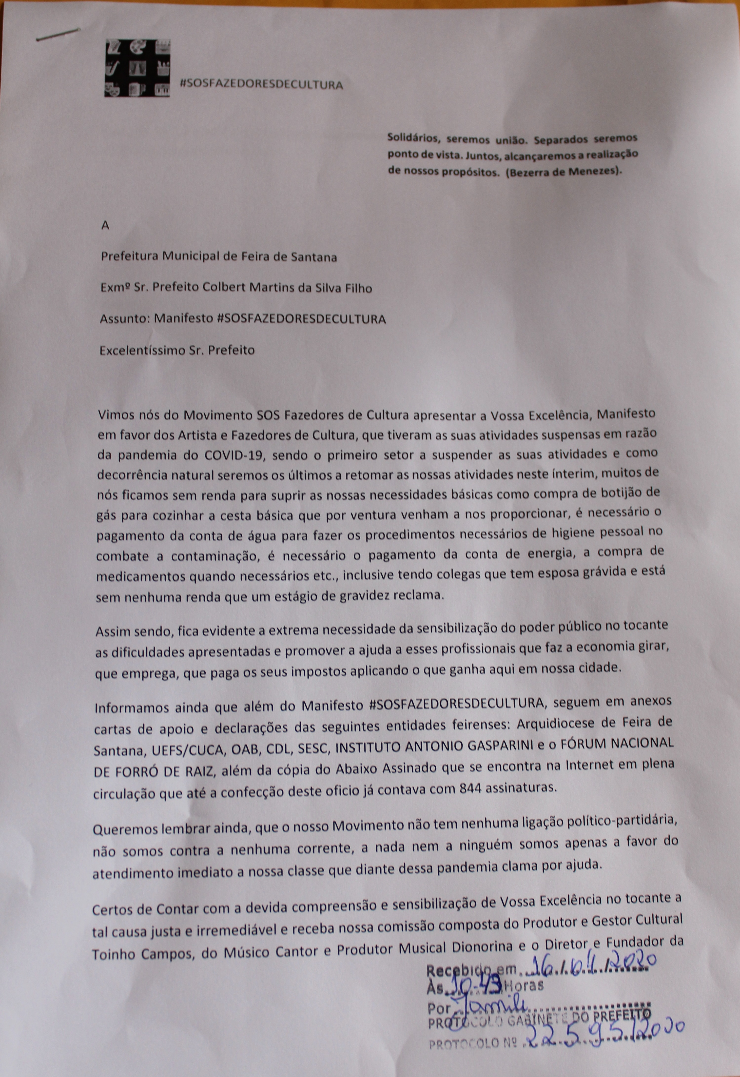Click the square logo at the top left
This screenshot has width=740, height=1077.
[x=137, y=68]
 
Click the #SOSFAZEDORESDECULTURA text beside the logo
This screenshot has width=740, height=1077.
[x=261, y=84]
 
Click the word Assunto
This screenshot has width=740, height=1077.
[x=124, y=319]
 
